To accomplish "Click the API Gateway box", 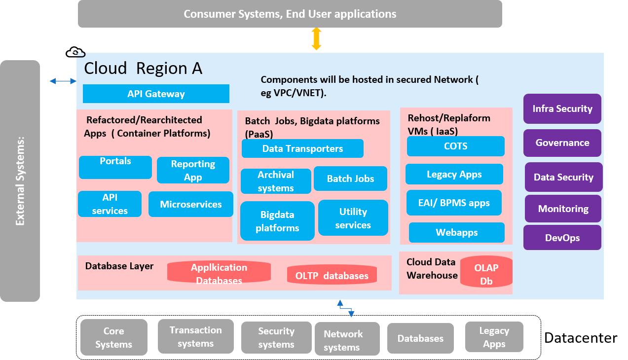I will pyautogui.click(x=156, y=94).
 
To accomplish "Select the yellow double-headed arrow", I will pyautogui.click(x=316, y=39).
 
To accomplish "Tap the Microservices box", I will pyautogui.click(x=190, y=204).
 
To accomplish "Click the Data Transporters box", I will pyautogui.click(x=302, y=148).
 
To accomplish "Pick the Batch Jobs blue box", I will pyautogui.click(x=350, y=179).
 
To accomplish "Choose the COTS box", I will pyautogui.click(x=455, y=146).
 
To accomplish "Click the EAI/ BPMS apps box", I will pyautogui.click(x=454, y=203).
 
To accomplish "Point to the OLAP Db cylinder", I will pyautogui.click(x=486, y=274).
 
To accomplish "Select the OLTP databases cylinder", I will pyautogui.click(x=332, y=275).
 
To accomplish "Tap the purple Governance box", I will pyautogui.click(x=562, y=143).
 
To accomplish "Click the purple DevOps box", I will pyautogui.click(x=562, y=238).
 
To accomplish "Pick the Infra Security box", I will pyautogui.click(x=562, y=108).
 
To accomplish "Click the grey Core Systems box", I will pyautogui.click(x=113, y=337).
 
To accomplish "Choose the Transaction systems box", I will pyautogui.click(x=195, y=336).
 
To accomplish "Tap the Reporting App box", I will pyautogui.click(x=193, y=170).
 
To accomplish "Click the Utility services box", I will pyautogui.click(x=353, y=218).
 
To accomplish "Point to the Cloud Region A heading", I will pyautogui.click(x=143, y=68).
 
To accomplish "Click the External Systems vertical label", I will pyautogui.click(x=20, y=180).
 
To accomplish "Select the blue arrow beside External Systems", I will pyautogui.click(x=63, y=81).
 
